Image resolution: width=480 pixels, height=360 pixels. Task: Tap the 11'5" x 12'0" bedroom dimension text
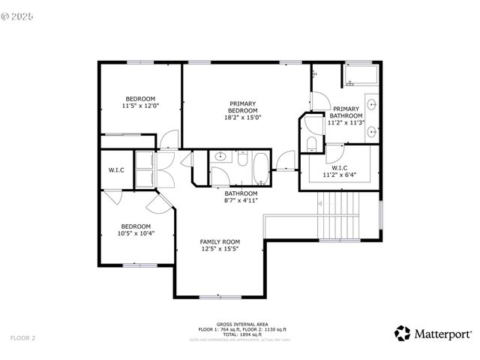140,106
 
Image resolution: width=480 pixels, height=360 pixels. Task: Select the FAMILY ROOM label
219,241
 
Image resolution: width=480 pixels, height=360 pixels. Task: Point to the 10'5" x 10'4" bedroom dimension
136,233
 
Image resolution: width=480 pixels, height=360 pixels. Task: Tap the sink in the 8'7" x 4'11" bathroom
220,157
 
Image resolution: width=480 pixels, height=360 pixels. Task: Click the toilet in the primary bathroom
310,143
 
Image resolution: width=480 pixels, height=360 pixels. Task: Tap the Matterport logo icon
403,332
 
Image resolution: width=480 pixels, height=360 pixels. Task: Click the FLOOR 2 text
22,338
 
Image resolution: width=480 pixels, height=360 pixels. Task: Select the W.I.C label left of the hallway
116,170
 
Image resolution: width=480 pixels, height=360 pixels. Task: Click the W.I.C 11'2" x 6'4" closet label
339,172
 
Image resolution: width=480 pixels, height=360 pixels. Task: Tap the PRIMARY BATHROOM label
346,112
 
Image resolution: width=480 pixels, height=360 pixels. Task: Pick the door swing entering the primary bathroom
318,103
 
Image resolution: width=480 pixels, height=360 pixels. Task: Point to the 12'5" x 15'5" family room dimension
219,249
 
